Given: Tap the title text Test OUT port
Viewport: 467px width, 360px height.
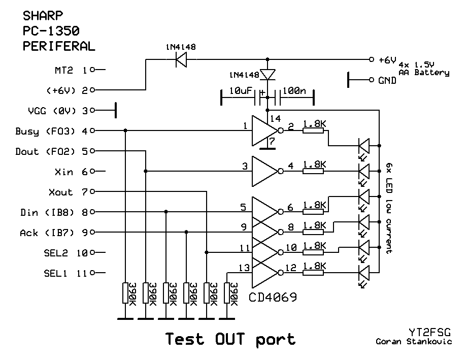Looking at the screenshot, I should pyautogui.click(x=230, y=339).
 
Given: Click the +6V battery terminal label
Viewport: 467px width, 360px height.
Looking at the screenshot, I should pyautogui.click(x=387, y=60).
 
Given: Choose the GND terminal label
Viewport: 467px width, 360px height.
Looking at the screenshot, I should pyautogui.click(x=387, y=80).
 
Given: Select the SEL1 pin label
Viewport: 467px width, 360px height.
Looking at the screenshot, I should pyautogui.click(x=55, y=273).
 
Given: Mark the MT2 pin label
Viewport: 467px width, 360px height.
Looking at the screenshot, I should pyautogui.click(x=64, y=70).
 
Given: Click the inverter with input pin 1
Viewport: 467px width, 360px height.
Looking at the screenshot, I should pyautogui.click(x=264, y=131).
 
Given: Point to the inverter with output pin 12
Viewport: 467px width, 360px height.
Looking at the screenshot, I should pyautogui.click(x=264, y=273).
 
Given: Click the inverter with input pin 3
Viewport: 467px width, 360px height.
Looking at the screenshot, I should pyautogui.click(x=264, y=172).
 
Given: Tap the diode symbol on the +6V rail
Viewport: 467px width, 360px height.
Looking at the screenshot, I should pyautogui.click(x=180, y=60).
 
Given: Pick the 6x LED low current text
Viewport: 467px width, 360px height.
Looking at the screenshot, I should pyautogui.click(x=388, y=208).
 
